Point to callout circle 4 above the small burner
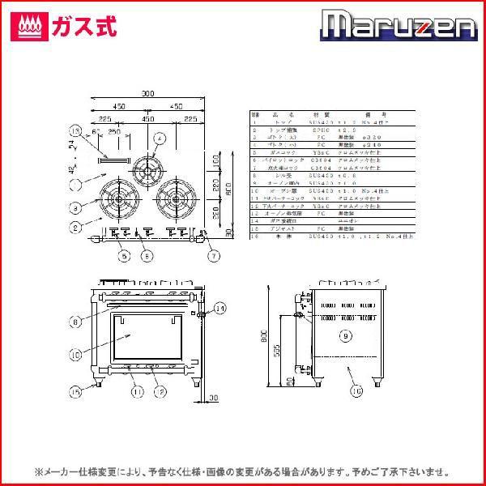click(x=160, y=139)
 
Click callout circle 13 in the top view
click(x=77, y=131)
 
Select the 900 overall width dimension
click(x=147, y=95)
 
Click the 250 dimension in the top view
click(x=114, y=130)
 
